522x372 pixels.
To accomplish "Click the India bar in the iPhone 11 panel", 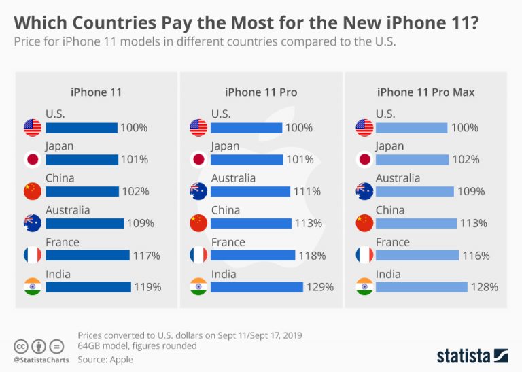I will coord(88,287).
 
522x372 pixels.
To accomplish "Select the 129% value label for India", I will coord(320,287).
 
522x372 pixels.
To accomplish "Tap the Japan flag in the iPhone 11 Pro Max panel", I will coord(365,160).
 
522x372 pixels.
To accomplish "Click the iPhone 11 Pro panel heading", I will coord(261,92).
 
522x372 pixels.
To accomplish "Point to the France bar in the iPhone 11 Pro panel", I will coord(254,255).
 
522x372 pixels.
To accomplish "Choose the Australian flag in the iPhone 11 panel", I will coord(33,223).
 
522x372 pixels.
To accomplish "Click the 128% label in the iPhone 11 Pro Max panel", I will coord(485,287).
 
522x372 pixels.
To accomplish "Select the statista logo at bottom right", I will coord(472,355).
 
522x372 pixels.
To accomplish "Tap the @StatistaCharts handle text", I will coord(40,358).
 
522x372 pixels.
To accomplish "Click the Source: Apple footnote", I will coord(105,359).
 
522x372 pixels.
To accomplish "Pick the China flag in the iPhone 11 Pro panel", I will coord(198,223).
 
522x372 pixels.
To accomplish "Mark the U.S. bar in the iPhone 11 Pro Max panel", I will coord(411,128).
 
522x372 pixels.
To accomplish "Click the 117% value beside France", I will coord(146,255).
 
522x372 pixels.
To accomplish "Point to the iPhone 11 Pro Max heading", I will coord(426,92).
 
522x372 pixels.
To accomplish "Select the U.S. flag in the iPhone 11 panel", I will coord(33,128).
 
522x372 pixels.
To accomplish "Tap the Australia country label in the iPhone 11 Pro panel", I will coord(233,178).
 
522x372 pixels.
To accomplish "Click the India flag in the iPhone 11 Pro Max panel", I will coord(365,287).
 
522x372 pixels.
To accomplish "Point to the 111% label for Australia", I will coord(307,191).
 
